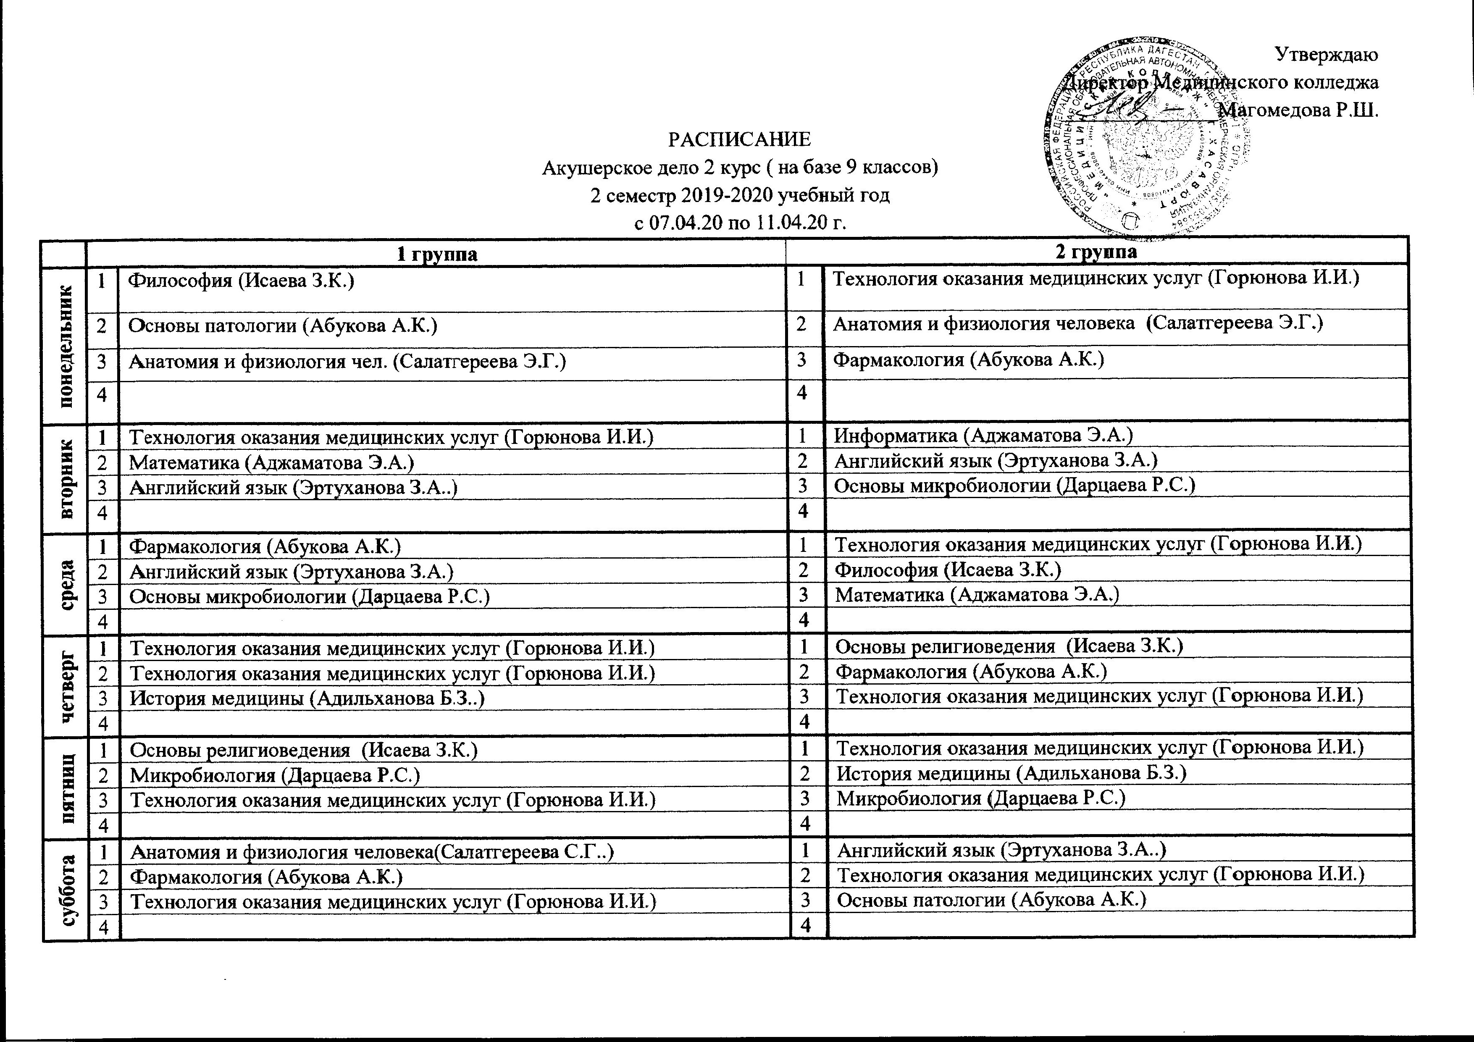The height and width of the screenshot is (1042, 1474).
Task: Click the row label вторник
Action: click(x=66, y=477)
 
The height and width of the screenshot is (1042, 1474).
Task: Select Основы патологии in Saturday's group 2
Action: click(x=992, y=900)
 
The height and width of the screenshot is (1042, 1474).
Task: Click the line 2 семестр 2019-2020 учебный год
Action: click(x=740, y=195)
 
